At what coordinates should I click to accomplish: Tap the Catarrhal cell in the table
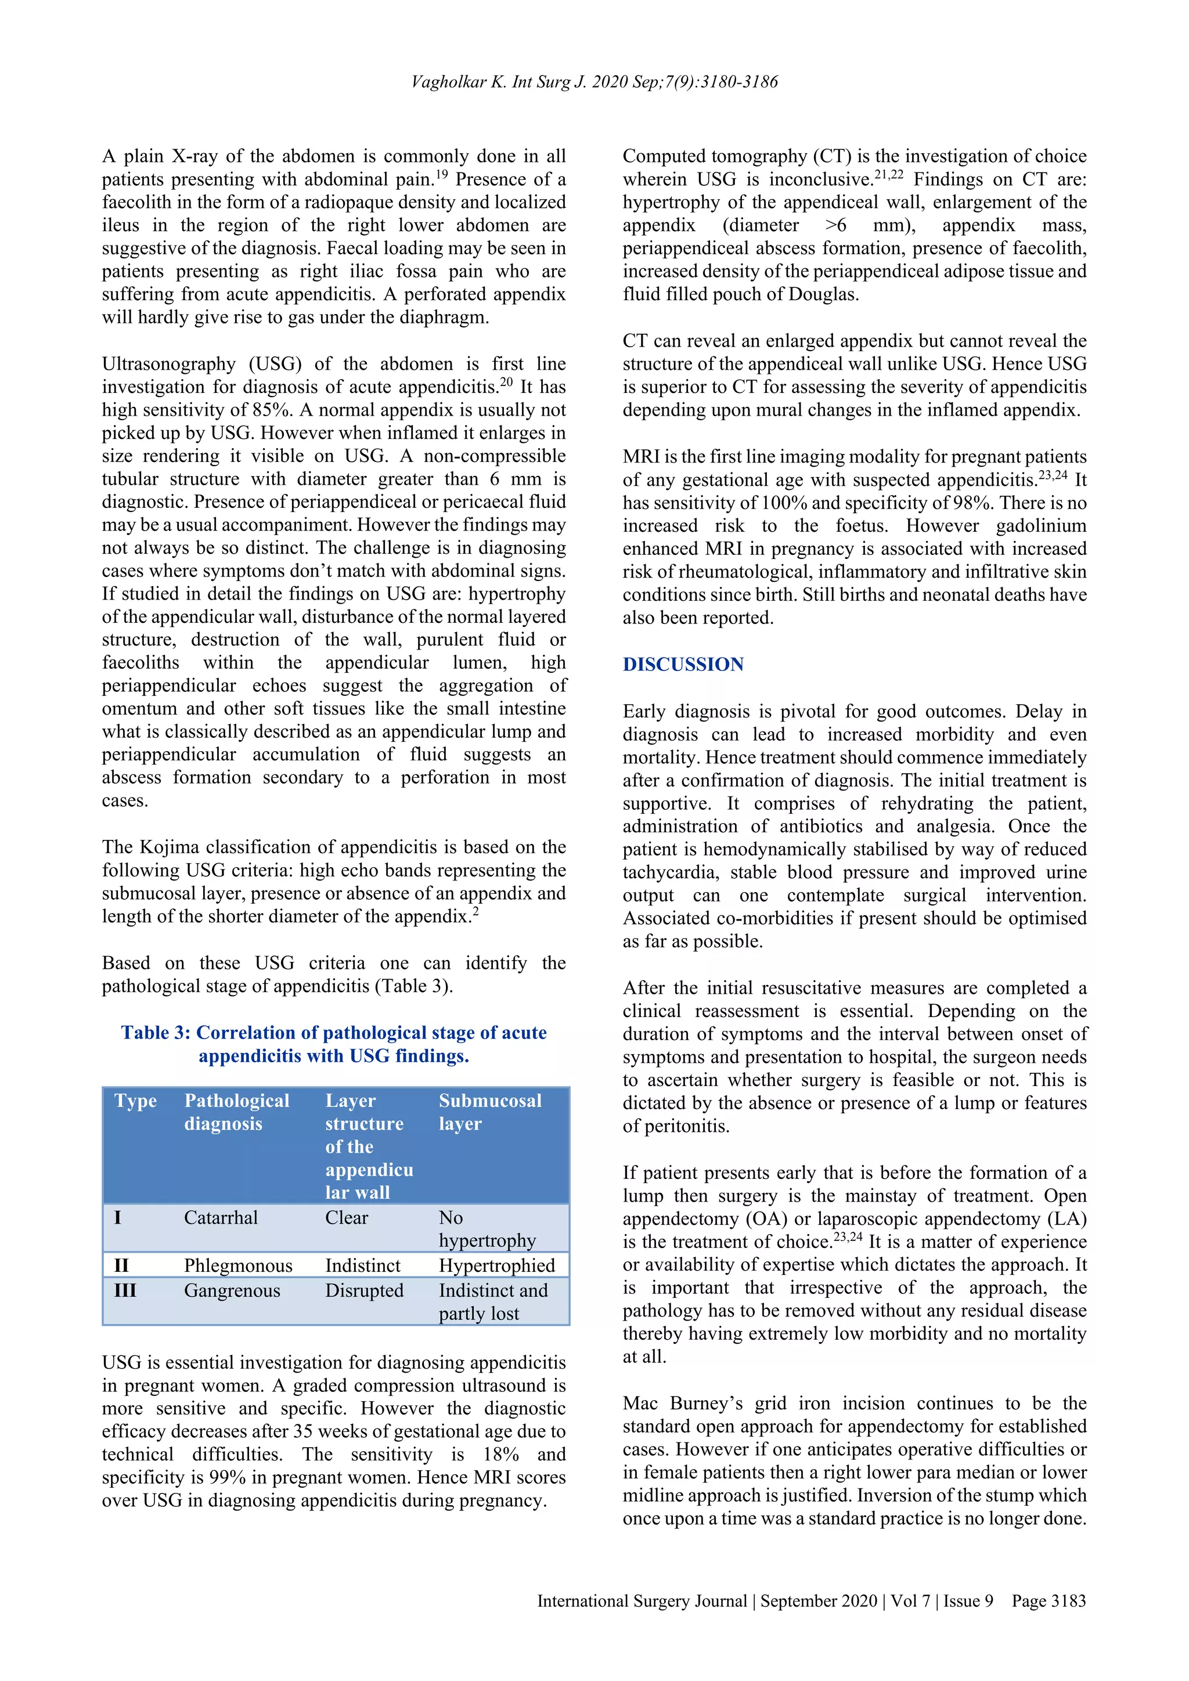point(221,1218)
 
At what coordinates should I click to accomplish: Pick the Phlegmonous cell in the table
point(238,1265)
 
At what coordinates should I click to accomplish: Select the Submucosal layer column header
point(490,1112)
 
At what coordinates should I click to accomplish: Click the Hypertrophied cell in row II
point(496,1265)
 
